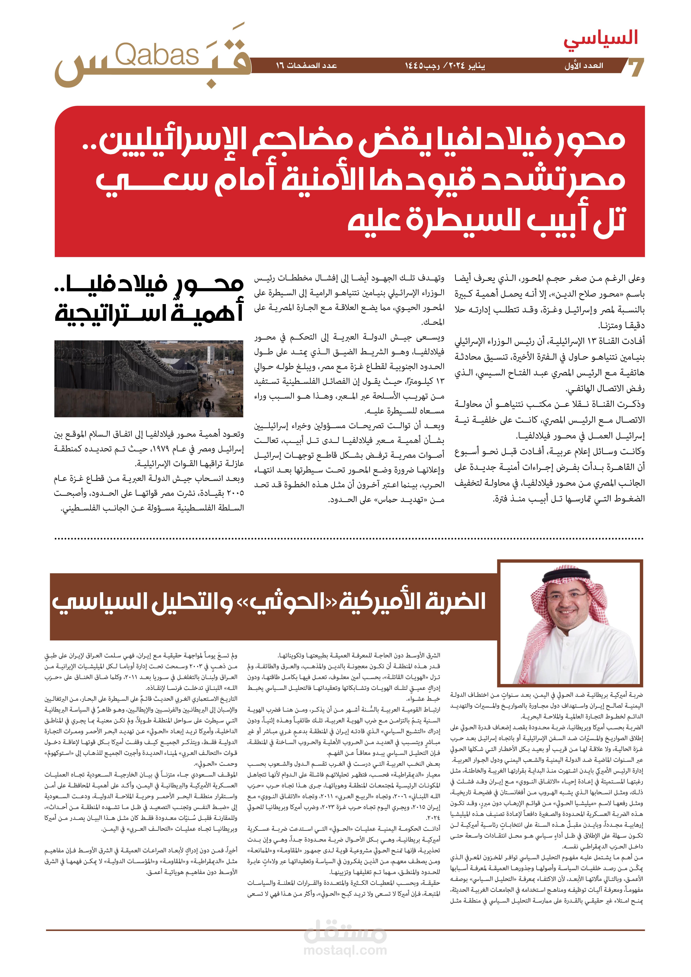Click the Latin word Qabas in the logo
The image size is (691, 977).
click(x=157, y=55)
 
